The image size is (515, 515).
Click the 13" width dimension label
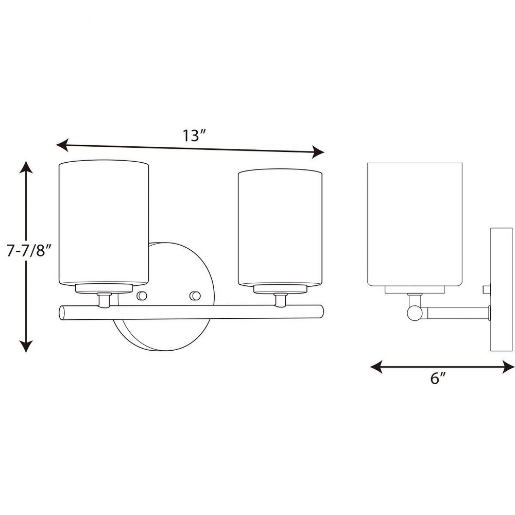[194, 135]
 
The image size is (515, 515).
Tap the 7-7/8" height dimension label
[29, 251]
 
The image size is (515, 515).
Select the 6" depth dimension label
[438, 378]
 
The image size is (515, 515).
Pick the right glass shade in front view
[280, 228]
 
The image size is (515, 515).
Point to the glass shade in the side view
[415, 225]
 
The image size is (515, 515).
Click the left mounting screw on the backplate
[142, 296]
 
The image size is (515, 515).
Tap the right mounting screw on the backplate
[195, 296]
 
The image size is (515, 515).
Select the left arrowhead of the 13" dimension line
[62, 145]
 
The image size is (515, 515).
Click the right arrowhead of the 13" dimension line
[318, 152]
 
